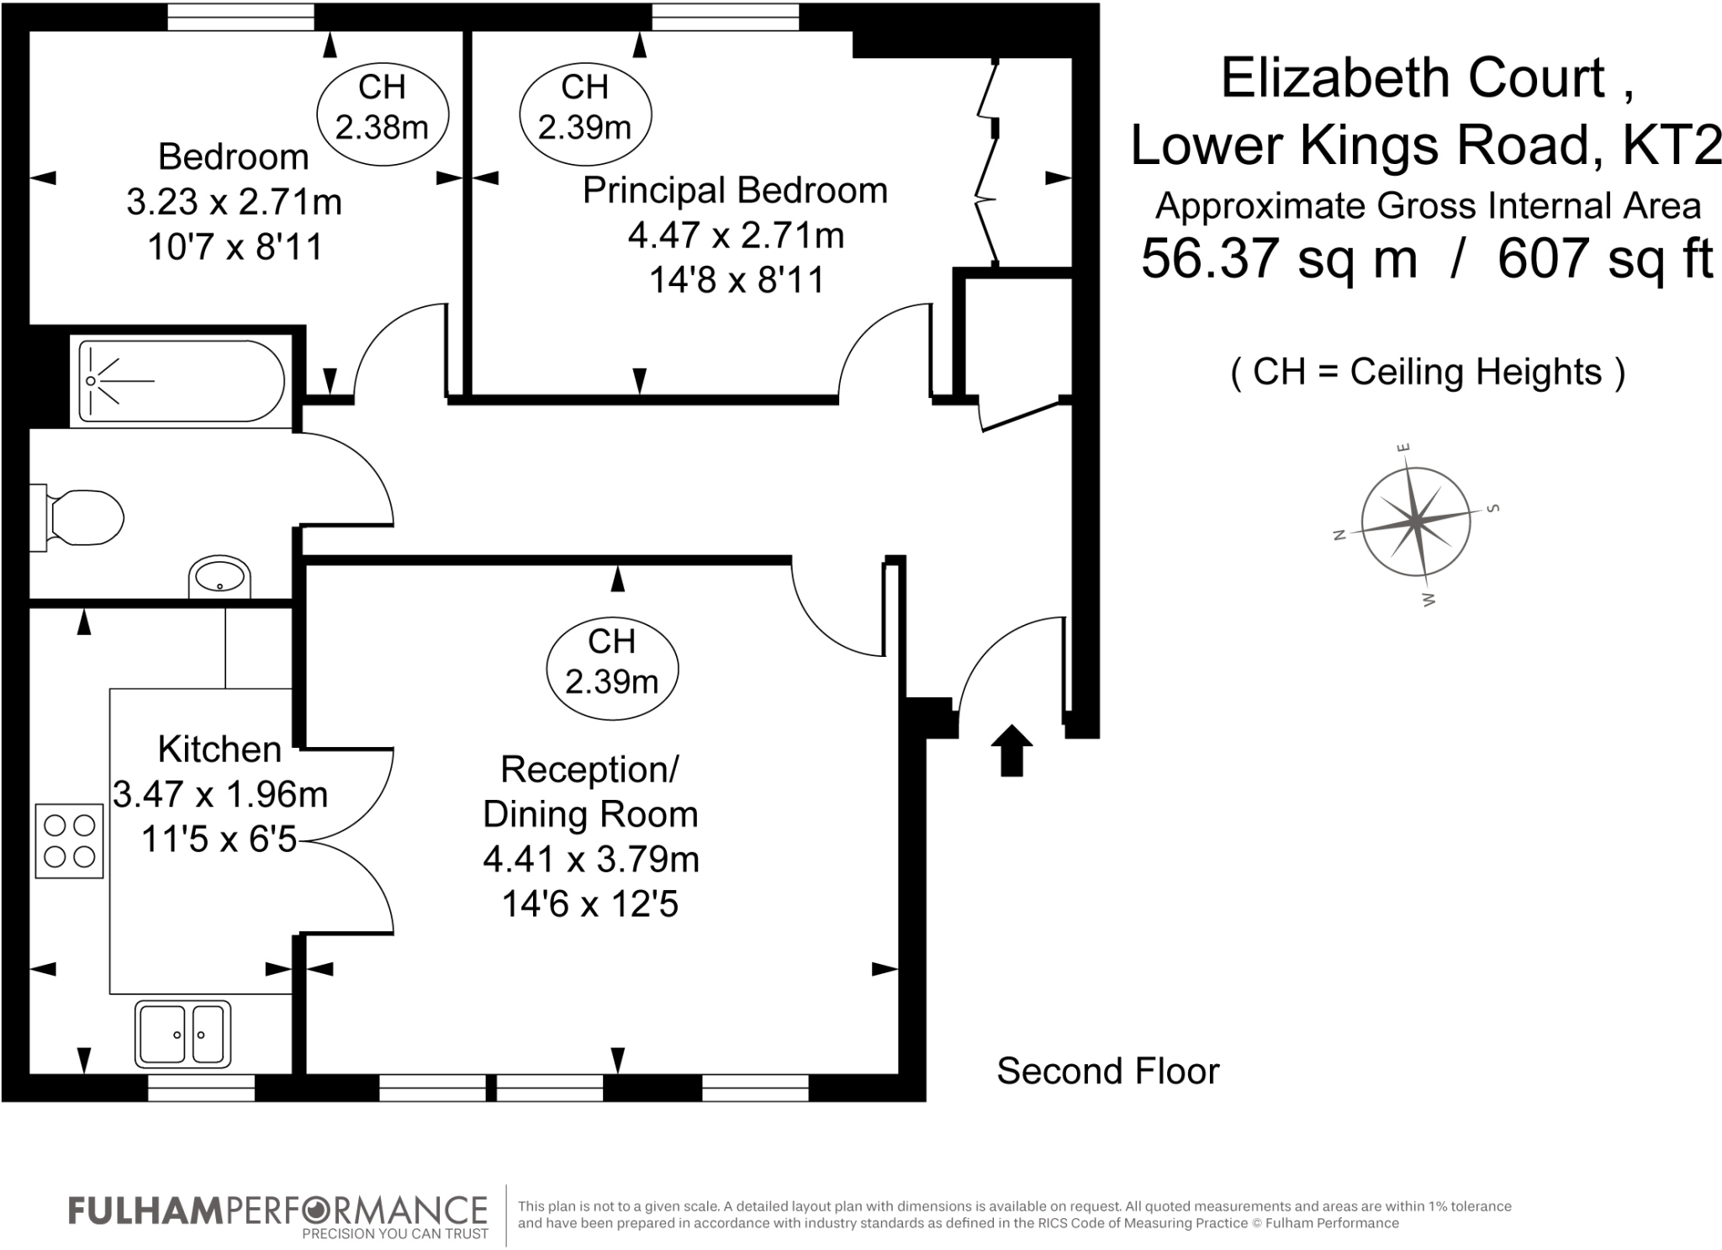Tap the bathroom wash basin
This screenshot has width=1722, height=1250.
pyautogui.click(x=220, y=577)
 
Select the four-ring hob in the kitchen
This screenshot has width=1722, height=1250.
pyautogui.click(x=69, y=841)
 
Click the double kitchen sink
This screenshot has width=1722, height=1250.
pyautogui.click(x=182, y=1034)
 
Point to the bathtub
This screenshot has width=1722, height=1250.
pyautogui.click(x=181, y=381)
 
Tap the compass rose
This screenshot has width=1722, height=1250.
pyautogui.click(x=1416, y=522)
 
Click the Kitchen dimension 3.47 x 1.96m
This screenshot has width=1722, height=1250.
pyautogui.click(x=220, y=794)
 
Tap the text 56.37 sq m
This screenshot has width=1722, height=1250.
pyautogui.click(x=1279, y=258)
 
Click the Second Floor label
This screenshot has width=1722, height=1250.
pyautogui.click(x=1107, y=1071)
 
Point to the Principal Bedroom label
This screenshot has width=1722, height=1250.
pyautogui.click(x=735, y=190)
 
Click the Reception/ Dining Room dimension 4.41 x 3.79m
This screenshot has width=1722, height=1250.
pyautogui.click(x=590, y=859)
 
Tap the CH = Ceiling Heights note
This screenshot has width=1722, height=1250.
pyautogui.click(x=1427, y=372)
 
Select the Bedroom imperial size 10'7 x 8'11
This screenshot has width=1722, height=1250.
pyautogui.click(x=235, y=247)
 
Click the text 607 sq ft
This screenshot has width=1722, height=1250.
pyautogui.click(x=1604, y=258)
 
